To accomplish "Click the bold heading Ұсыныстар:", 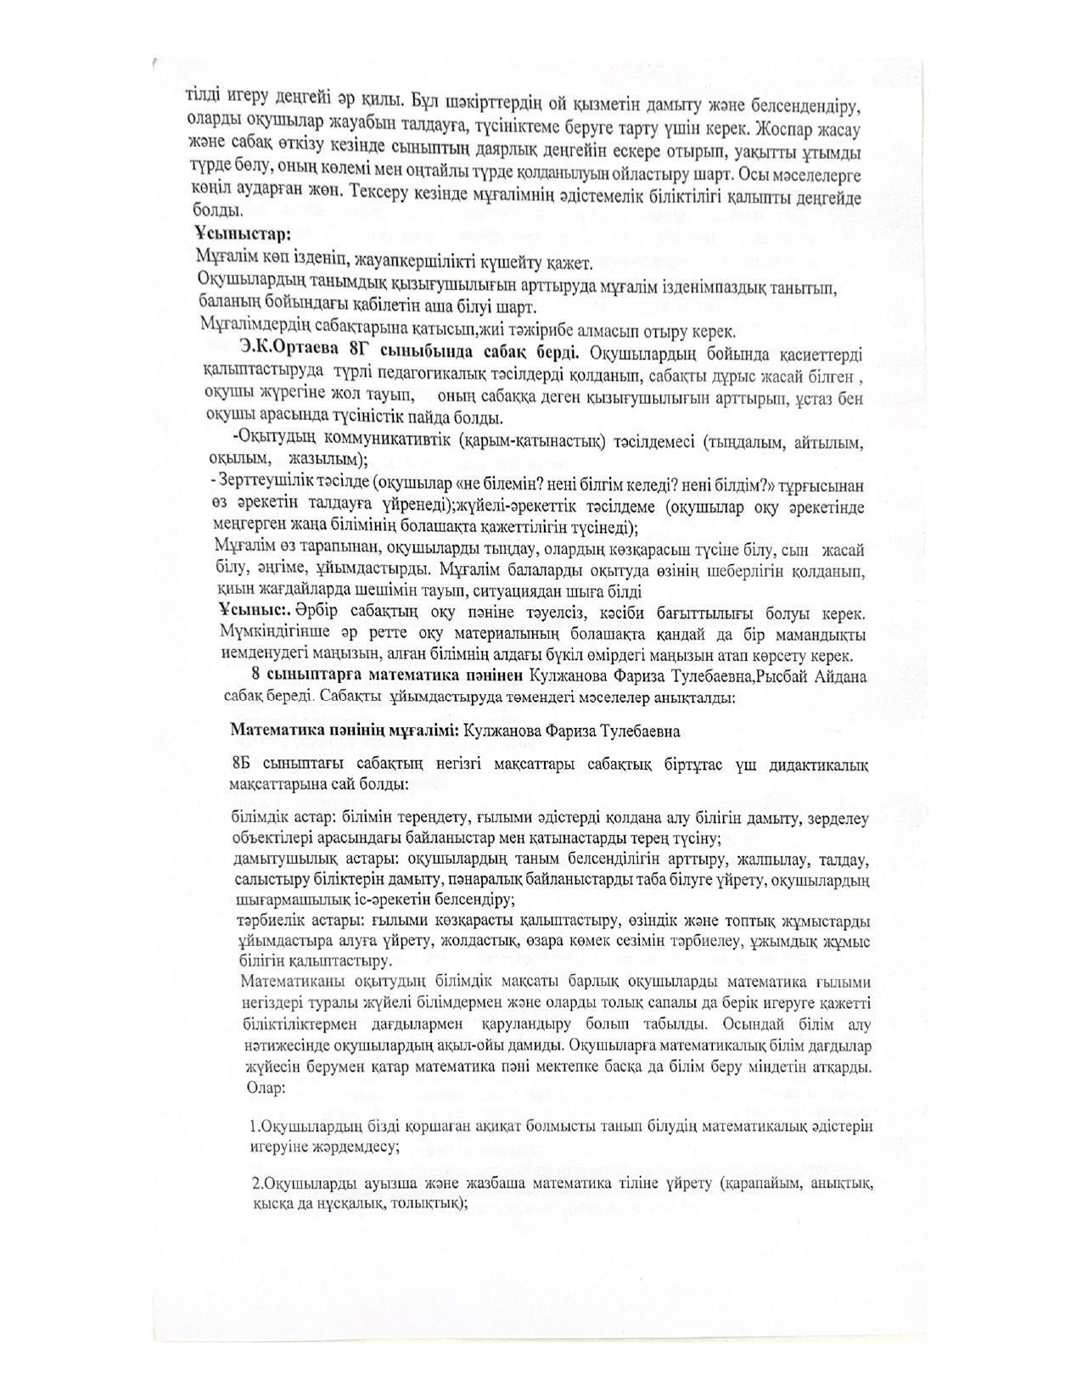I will (x=242, y=232).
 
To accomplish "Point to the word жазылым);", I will (x=332, y=460).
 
